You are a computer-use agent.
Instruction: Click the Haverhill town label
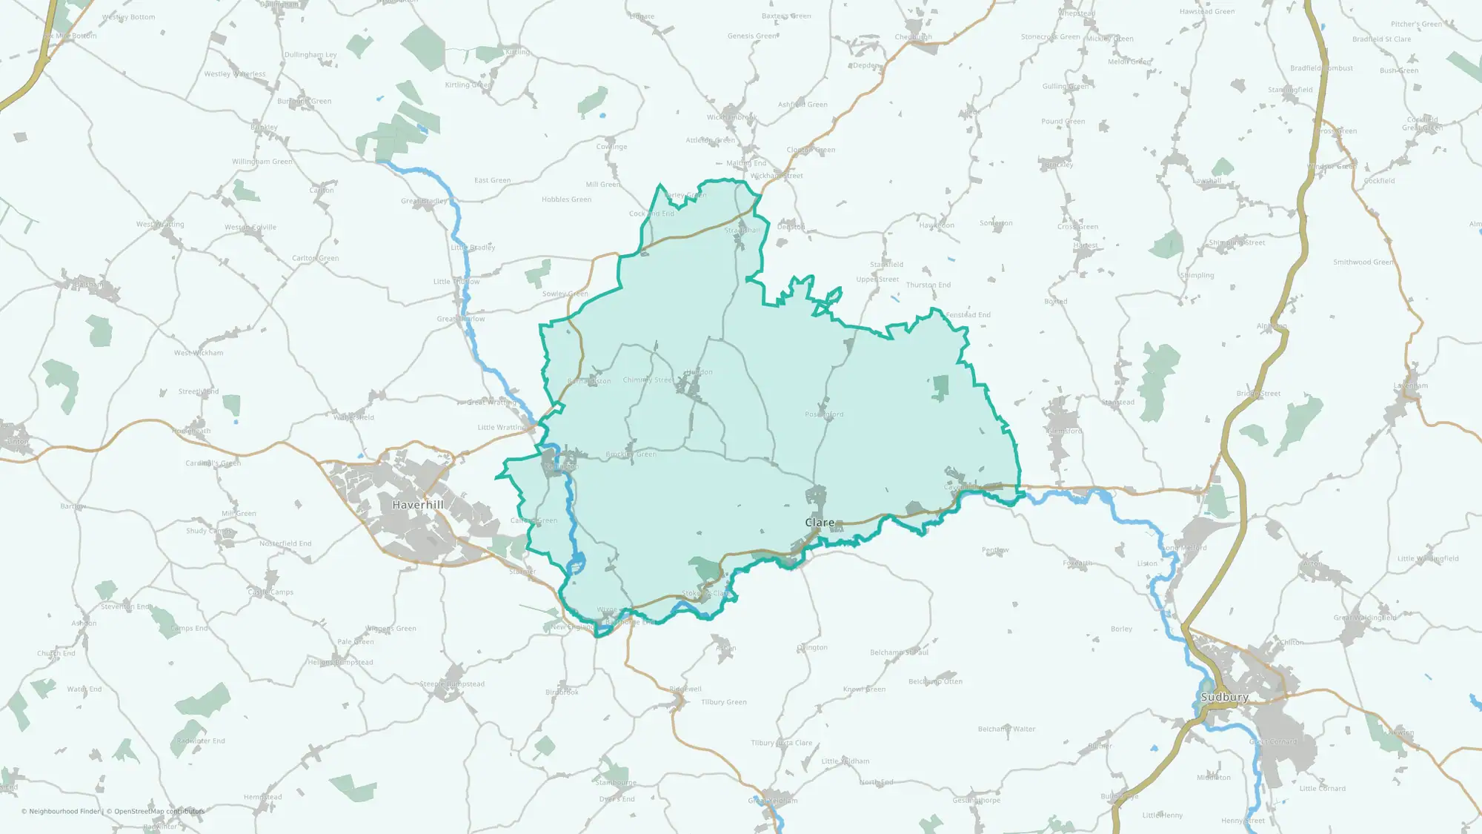pos(418,505)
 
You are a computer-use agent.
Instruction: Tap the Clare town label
pos(820,523)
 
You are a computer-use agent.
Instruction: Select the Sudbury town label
pos(1224,698)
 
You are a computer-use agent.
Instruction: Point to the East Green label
pos(492,180)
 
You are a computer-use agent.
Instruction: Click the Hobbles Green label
pos(566,199)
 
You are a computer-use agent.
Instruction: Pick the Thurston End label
pos(928,285)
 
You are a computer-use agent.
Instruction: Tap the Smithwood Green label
pos(1363,262)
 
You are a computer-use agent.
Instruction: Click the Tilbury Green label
pos(724,702)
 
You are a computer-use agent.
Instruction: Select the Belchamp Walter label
pos(1006,729)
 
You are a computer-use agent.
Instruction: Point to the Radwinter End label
pos(201,741)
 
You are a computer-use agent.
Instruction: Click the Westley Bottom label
pos(128,17)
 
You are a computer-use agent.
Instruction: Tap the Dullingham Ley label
pos(310,55)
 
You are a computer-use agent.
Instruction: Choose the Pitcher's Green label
pos(1416,24)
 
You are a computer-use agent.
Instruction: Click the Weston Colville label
pos(250,228)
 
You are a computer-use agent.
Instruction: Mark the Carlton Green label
pos(315,258)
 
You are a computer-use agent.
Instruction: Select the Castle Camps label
pos(270,592)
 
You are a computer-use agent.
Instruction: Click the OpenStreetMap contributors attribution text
pos(159,811)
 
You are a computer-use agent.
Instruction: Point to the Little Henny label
pos(1162,815)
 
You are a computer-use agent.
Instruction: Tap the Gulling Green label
pos(1065,87)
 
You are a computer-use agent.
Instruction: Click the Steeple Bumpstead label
pos(452,684)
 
